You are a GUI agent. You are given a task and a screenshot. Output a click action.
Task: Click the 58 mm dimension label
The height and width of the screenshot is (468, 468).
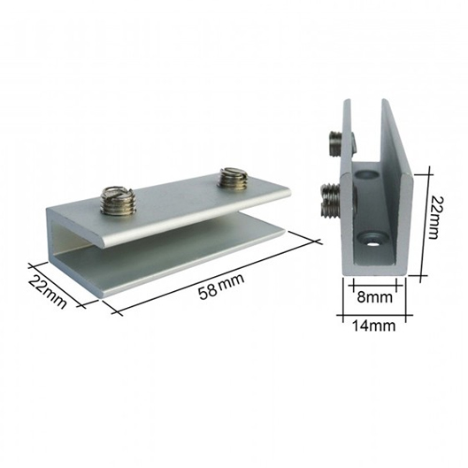click(221, 287)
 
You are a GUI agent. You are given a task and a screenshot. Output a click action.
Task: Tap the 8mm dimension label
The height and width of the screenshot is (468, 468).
click(374, 297)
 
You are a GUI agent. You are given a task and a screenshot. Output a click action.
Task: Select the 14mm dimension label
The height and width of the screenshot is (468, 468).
click(374, 326)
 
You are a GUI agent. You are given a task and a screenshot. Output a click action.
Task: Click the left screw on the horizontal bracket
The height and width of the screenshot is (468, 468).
click(117, 200)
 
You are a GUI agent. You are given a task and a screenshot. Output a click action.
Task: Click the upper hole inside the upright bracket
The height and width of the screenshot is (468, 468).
click(367, 174)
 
